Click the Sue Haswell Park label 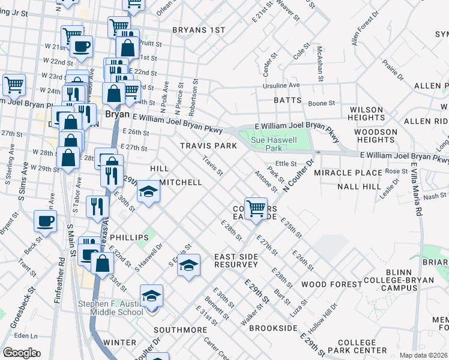click(265, 143)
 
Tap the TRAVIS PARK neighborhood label click(208, 146)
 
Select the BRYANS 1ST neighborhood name click(198, 30)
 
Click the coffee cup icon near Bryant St click(45, 221)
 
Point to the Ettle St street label click(286, 163)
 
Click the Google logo click(20, 353)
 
